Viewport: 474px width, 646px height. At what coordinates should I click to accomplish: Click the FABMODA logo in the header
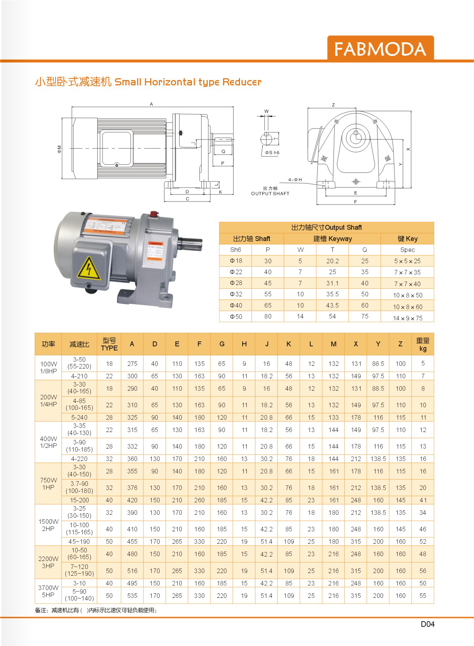380,49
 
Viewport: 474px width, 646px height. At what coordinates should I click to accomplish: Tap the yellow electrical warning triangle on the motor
89,268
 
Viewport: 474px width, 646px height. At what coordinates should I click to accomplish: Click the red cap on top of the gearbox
153,214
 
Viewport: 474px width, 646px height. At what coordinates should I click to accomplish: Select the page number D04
427,624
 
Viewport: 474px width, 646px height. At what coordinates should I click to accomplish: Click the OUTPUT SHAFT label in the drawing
270,194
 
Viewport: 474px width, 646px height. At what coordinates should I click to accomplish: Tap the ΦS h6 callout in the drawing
272,153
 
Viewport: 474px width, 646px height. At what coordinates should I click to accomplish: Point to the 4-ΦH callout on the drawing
295,180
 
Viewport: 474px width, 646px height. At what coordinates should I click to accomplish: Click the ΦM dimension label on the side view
59,149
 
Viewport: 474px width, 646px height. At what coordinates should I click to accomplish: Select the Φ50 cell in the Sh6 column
236,317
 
